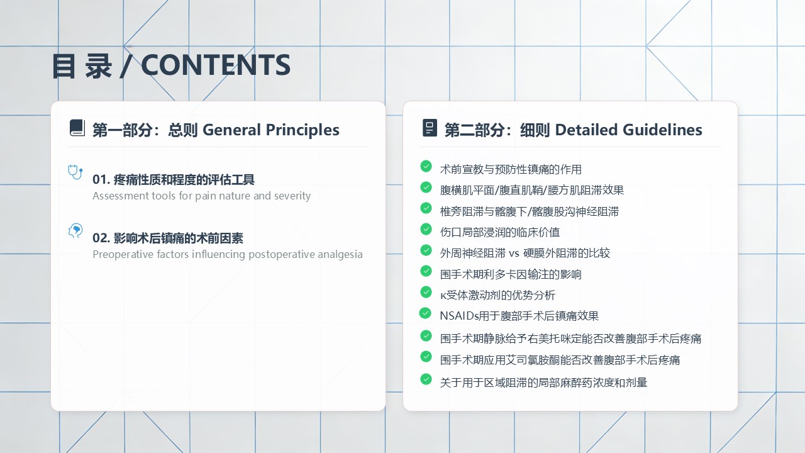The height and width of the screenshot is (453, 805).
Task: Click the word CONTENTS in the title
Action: [x=216, y=65]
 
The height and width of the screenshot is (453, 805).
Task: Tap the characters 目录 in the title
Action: [x=82, y=65]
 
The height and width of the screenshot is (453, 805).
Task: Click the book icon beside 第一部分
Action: [x=77, y=128]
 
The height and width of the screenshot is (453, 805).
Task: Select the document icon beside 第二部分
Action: [x=430, y=128]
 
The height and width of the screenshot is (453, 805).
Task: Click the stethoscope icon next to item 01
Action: [x=75, y=172]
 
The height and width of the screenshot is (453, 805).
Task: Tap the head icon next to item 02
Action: [x=75, y=231]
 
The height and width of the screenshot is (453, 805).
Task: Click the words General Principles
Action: [x=271, y=130]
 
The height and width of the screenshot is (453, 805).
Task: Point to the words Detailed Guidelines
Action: [x=628, y=130]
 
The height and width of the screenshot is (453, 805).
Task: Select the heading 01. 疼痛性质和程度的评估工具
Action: [x=173, y=179]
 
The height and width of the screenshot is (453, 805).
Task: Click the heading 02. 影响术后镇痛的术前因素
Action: [x=168, y=238]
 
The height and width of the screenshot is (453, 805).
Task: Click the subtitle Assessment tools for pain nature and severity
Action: [x=202, y=196]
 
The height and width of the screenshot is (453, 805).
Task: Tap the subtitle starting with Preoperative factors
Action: [x=228, y=255]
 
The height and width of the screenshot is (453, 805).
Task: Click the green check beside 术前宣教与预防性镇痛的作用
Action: [x=426, y=167]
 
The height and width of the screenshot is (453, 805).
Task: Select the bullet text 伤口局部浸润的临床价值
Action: [x=500, y=232]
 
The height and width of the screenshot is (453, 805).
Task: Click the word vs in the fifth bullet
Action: [x=514, y=254]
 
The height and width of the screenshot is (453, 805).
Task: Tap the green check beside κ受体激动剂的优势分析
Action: [x=426, y=293]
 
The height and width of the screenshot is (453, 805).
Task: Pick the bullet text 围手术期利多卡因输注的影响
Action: [x=511, y=275]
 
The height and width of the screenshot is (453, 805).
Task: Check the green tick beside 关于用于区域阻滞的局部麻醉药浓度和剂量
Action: [x=426, y=379]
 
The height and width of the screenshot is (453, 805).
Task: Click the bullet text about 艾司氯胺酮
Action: [x=560, y=360]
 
